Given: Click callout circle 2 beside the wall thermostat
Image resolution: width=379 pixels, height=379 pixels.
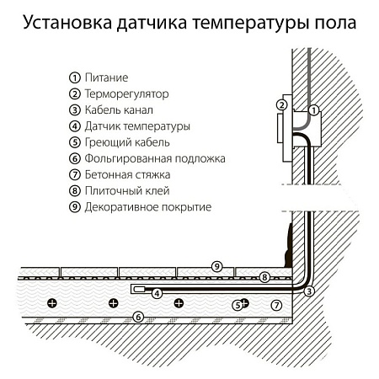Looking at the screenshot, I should (282, 105).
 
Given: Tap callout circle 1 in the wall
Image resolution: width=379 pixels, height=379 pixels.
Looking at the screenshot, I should (313, 110).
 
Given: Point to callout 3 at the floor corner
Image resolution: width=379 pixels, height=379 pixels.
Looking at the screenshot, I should (309, 291).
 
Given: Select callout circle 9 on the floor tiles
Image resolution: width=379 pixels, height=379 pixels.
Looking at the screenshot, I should (216, 267).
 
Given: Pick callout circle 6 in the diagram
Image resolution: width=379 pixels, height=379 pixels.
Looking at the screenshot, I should (140, 318).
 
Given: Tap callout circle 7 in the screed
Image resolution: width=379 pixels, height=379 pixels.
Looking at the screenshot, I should (275, 304).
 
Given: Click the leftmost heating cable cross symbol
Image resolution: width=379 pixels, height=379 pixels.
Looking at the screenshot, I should (52, 302).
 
